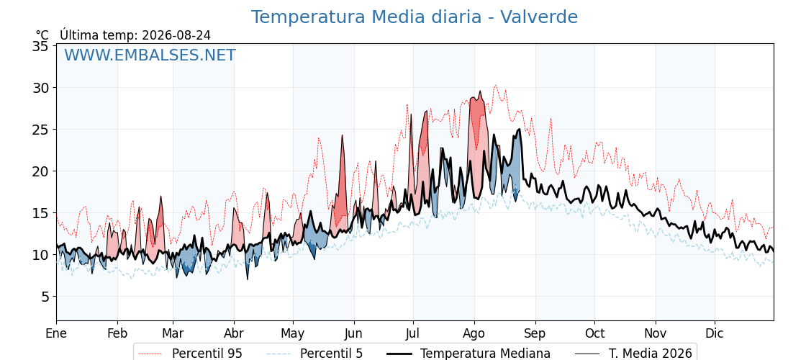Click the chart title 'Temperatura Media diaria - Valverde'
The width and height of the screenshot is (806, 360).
click(415, 17)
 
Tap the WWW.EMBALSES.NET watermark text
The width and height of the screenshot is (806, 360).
click(150, 55)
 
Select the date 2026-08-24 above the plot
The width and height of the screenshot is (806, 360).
click(176, 35)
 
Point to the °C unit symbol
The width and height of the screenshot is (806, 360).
click(42, 35)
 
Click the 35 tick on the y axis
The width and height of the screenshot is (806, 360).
click(40, 46)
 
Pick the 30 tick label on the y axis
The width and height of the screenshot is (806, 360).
click(40, 88)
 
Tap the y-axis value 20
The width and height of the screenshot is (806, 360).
click(40, 171)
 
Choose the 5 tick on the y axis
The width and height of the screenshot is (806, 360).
click(45, 296)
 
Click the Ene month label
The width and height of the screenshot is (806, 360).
click(57, 333)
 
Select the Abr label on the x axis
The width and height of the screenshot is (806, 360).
click(234, 333)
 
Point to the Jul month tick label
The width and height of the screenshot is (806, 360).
click(413, 333)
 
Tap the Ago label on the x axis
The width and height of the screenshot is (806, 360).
click(474, 333)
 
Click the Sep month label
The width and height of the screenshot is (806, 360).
click(535, 333)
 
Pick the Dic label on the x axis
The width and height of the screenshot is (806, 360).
click(715, 333)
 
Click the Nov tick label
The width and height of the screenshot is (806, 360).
click(656, 333)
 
